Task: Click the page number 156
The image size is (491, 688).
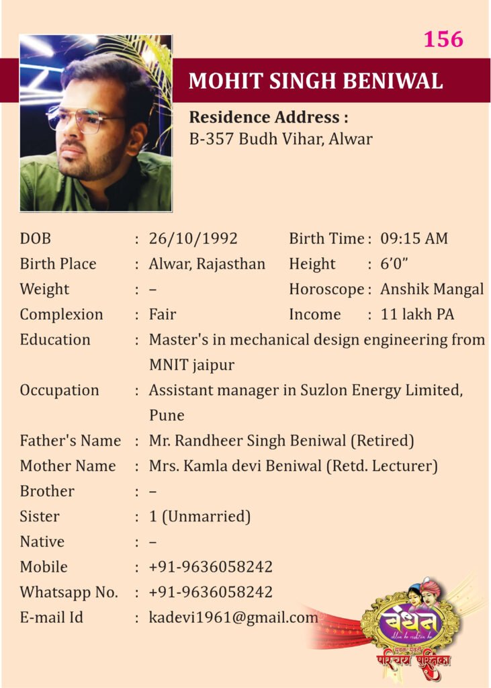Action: tap(443, 39)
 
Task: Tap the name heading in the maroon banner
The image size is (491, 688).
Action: tap(316, 81)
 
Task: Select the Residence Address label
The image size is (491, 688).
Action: tap(268, 118)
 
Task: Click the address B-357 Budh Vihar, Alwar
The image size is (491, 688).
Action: tap(280, 140)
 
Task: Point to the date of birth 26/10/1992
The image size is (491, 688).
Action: tap(193, 239)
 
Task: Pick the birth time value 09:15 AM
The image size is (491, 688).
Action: tap(414, 239)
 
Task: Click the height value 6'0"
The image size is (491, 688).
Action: tap(396, 264)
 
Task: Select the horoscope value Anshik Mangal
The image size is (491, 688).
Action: tap(431, 290)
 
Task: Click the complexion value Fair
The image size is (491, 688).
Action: tap(163, 314)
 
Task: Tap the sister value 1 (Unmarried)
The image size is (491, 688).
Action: tap(199, 517)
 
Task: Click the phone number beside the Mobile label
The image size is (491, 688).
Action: tap(210, 567)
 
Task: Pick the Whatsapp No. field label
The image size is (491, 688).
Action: tap(69, 592)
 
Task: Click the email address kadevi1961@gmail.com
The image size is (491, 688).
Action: tap(233, 617)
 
